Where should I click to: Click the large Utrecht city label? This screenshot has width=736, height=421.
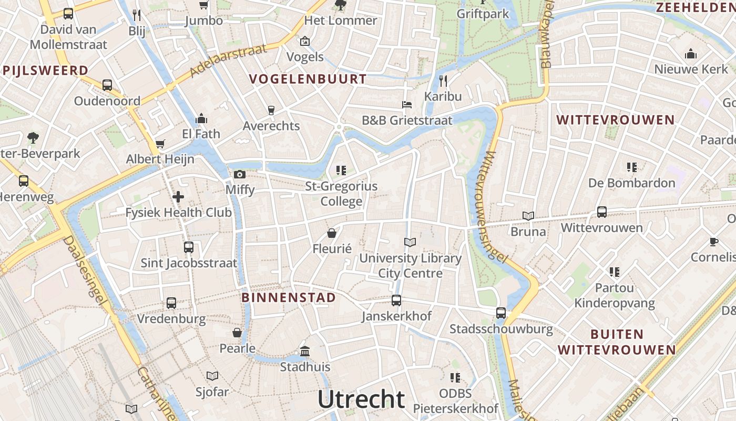click(361, 399)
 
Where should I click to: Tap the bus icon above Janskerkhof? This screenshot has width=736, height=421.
click(396, 300)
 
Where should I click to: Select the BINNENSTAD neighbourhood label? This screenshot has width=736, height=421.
click(288, 297)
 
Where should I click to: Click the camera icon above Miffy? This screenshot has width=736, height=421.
click(240, 174)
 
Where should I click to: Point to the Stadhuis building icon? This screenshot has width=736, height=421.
click(305, 351)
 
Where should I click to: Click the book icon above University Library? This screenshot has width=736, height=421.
click(410, 242)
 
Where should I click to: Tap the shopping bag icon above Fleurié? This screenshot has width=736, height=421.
click(332, 233)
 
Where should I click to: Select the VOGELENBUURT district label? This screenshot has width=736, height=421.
click(308, 79)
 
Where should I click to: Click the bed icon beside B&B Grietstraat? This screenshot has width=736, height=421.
click(407, 104)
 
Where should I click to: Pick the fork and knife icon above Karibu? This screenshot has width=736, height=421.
click(443, 81)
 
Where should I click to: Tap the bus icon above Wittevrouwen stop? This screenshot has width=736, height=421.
click(602, 212)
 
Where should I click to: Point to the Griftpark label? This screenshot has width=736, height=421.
click(483, 14)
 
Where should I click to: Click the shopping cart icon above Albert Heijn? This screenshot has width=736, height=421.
click(160, 144)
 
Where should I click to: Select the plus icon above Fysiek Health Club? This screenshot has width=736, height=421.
click(178, 197)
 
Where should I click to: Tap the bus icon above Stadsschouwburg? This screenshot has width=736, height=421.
click(501, 313)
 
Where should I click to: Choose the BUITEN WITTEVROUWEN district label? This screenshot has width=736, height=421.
click(617, 342)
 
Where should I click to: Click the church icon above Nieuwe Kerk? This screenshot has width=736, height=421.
click(691, 54)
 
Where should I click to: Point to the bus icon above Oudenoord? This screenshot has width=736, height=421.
click(107, 85)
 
